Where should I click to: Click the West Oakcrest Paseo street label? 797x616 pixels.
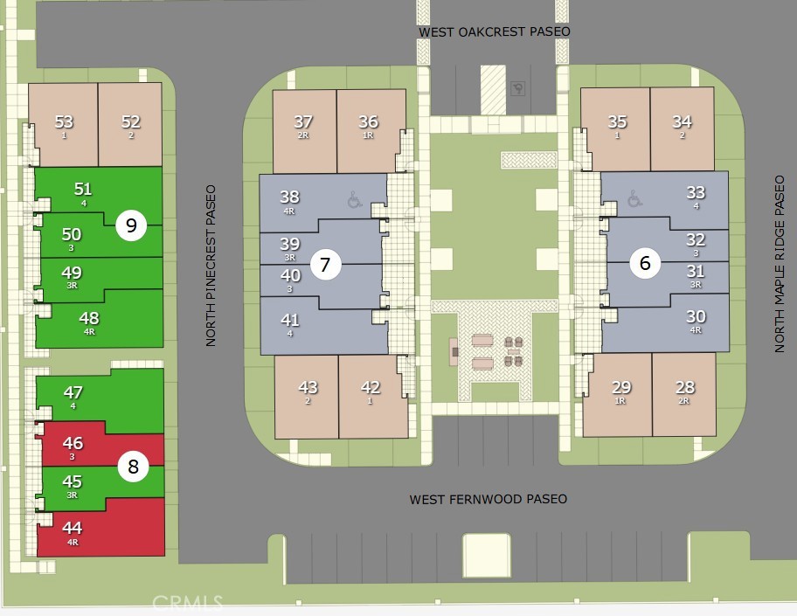[x=494, y=31]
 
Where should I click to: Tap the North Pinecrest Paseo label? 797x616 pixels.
[x=211, y=266]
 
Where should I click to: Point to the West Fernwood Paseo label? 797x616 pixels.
[x=489, y=499]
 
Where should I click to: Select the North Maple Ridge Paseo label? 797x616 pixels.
[x=780, y=264]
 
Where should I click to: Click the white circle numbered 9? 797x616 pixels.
[x=131, y=225]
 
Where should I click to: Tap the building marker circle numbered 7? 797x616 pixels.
[x=325, y=264]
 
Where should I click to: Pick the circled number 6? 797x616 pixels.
[x=645, y=263]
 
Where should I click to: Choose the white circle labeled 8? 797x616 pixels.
[x=133, y=466]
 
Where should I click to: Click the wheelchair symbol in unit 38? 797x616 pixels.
[x=355, y=200]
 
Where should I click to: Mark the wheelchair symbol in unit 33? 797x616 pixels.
[x=634, y=198]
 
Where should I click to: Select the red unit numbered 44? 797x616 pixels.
[x=100, y=529]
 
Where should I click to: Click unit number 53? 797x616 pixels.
[x=64, y=122]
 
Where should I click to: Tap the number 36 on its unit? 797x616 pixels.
[x=369, y=122]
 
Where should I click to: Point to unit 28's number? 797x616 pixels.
[x=684, y=387]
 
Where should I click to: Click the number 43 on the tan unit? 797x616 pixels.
[x=308, y=387]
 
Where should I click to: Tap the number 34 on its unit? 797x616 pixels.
[x=683, y=122]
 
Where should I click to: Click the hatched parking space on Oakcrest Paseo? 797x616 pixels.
[x=493, y=89]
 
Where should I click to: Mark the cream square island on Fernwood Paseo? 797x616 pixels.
[x=487, y=556]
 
